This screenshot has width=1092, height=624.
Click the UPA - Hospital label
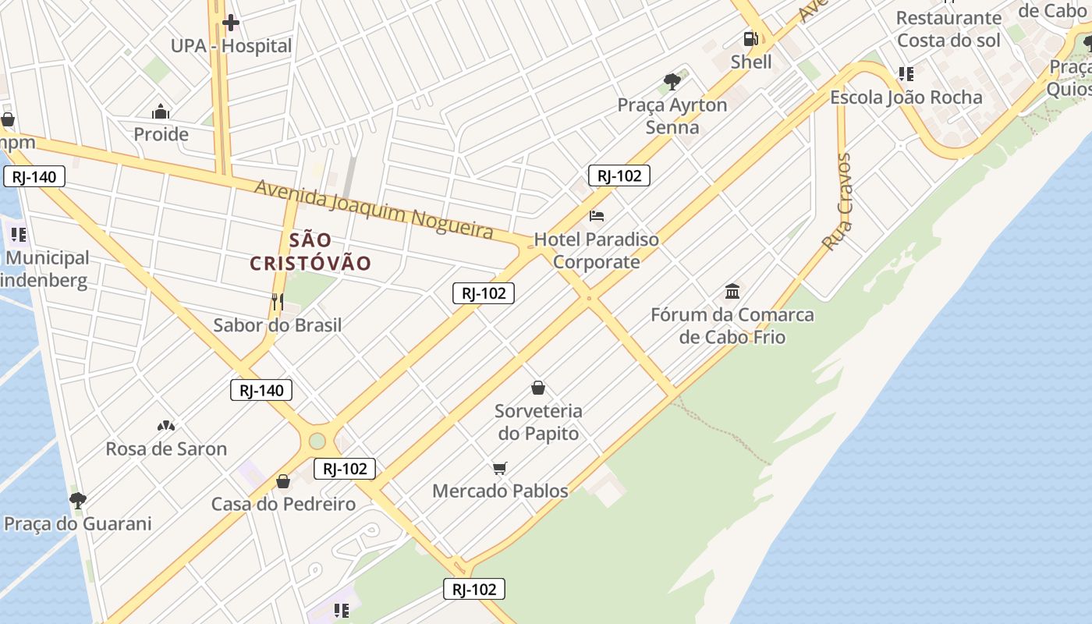click(x=231, y=46)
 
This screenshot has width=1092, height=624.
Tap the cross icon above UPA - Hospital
click(x=231, y=23)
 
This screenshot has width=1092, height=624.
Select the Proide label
click(x=161, y=134)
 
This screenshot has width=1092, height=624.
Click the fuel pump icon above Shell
click(x=750, y=38)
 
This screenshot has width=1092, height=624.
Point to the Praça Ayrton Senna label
click(x=672, y=115)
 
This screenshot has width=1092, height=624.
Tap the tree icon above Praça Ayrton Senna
click(x=672, y=81)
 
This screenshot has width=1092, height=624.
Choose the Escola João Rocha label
click(x=906, y=97)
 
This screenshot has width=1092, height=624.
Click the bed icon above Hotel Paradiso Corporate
click(x=597, y=215)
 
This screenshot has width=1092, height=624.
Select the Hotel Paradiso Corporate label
click(x=597, y=250)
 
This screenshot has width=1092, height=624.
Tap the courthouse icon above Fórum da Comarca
click(x=732, y=292)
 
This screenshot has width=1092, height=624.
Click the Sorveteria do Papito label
click(x=538, y=422)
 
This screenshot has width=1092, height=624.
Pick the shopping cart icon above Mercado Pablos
click(x=500, y=468)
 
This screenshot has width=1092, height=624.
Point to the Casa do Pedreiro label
click(x=283, y=504)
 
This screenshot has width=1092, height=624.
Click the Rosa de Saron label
click(x=166, y=448)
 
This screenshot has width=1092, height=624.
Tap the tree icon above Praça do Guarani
click(x=77, y=500)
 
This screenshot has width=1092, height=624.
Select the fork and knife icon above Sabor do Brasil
click(x=277, y=301)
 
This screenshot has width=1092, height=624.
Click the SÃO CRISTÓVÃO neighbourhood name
click(x=310, y=251)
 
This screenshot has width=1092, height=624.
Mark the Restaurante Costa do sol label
click(x=948, y=29)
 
